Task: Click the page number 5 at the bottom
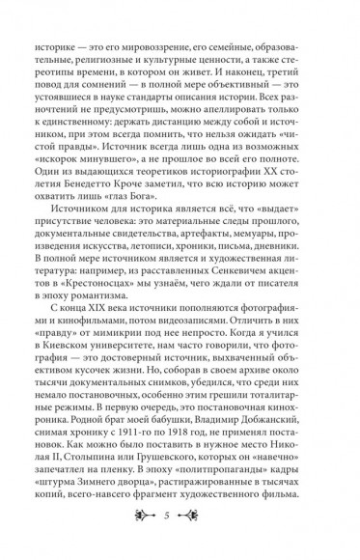(x=180, y=512)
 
